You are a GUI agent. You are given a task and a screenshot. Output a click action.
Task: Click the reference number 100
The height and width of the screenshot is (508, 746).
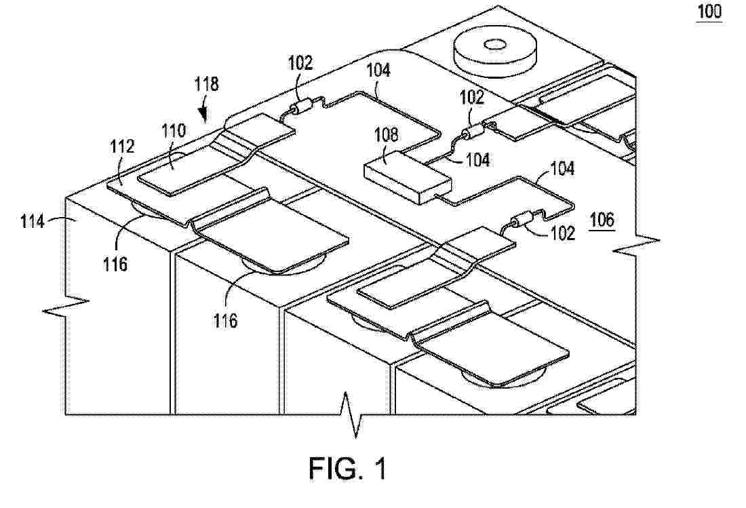click(x=709, y=12)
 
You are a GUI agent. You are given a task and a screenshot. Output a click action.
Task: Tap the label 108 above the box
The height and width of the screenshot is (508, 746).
click(x=387, y=135)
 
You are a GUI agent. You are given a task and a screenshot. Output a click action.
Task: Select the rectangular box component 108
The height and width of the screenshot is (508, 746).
click(x=408, y=178)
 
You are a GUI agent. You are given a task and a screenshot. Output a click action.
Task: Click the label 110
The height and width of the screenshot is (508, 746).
click(x=174, y=131)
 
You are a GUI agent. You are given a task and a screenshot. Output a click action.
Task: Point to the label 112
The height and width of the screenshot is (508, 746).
click(x=122, y=146)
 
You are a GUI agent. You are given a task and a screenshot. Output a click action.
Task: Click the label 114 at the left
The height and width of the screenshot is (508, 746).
click(x=33, y=221)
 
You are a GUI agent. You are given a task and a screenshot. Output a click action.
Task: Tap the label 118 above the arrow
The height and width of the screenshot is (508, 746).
click(x=206, y=83)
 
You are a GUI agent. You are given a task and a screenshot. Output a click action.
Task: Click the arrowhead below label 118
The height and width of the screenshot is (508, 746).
click(x=204, y=115)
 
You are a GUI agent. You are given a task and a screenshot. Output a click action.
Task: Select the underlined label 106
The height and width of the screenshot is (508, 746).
click(x=602, y=220)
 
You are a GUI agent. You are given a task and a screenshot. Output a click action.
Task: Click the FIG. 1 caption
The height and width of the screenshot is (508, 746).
click(x=348, y=468)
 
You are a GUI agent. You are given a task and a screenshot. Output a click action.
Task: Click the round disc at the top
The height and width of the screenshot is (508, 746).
click(x=495, y=54)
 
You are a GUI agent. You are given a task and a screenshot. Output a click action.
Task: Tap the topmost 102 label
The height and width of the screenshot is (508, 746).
click(x=300, y=63)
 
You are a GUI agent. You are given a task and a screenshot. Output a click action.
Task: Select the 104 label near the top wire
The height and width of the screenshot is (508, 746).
click(x=378, y=71)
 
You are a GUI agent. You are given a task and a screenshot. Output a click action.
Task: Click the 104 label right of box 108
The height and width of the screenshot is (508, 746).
click(x=477, y=160)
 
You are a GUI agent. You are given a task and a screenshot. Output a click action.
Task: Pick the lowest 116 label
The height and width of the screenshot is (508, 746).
click(x=224, y=321)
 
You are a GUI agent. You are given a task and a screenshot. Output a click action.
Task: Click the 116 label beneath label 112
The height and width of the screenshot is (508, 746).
click(x=115, y=264)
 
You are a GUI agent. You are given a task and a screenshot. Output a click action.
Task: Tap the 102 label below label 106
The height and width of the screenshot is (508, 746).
click(x=564, y=233)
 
